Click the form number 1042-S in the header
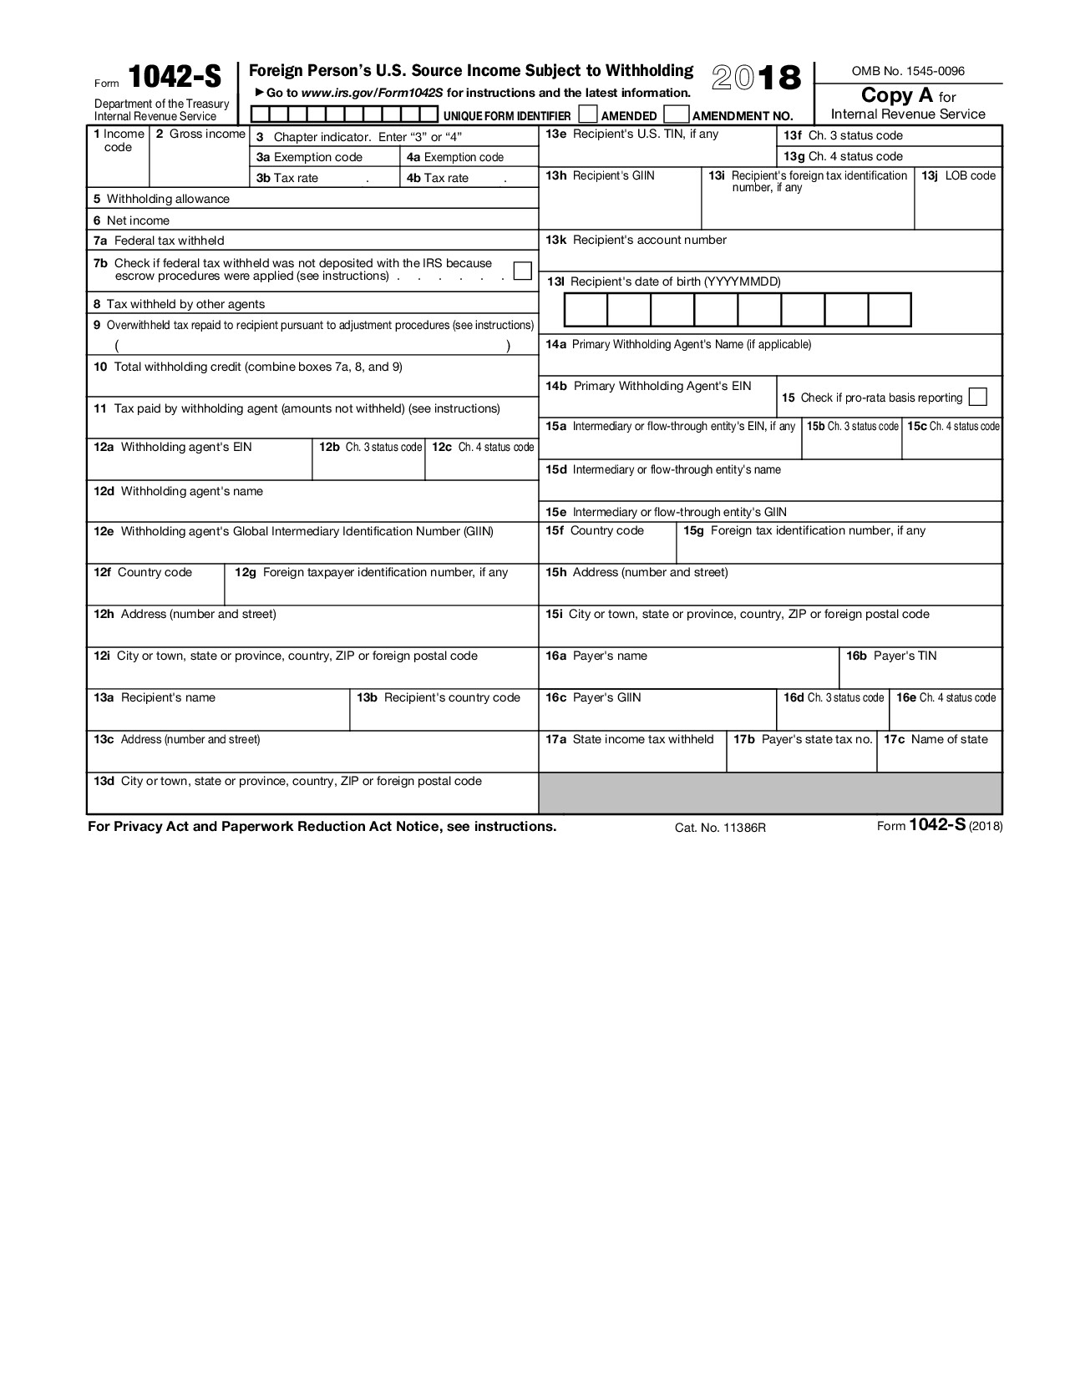pyautogui.click(x=175, y=77)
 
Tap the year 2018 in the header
pyautogui.click(x=756, y=79)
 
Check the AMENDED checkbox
pyautogui.click(x=588, y=114)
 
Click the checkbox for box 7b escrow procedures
pyautogui.click(x=522, y=271)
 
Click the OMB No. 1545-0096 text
pyautogui.click(x=907, y=71)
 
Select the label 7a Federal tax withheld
pyautogui.click(x=159, y=241)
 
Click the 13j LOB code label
pyautogui.click(x=958, y=175)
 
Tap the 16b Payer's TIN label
pyautogui.click(x=891, y=656)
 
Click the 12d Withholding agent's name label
pyautogui.click(x=178, y=491)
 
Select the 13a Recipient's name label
pyautogui.click(x=155, y=697)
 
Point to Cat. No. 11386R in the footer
pyautogui.click(x=720, y=828)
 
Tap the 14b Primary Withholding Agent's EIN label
pyautogui.click(x=648, y=386)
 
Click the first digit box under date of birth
pyautogui.click(x=586, y=310)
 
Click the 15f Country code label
pyautogui.click(x=595, y=530)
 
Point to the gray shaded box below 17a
pyautogui.click(x=769, y=793)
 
